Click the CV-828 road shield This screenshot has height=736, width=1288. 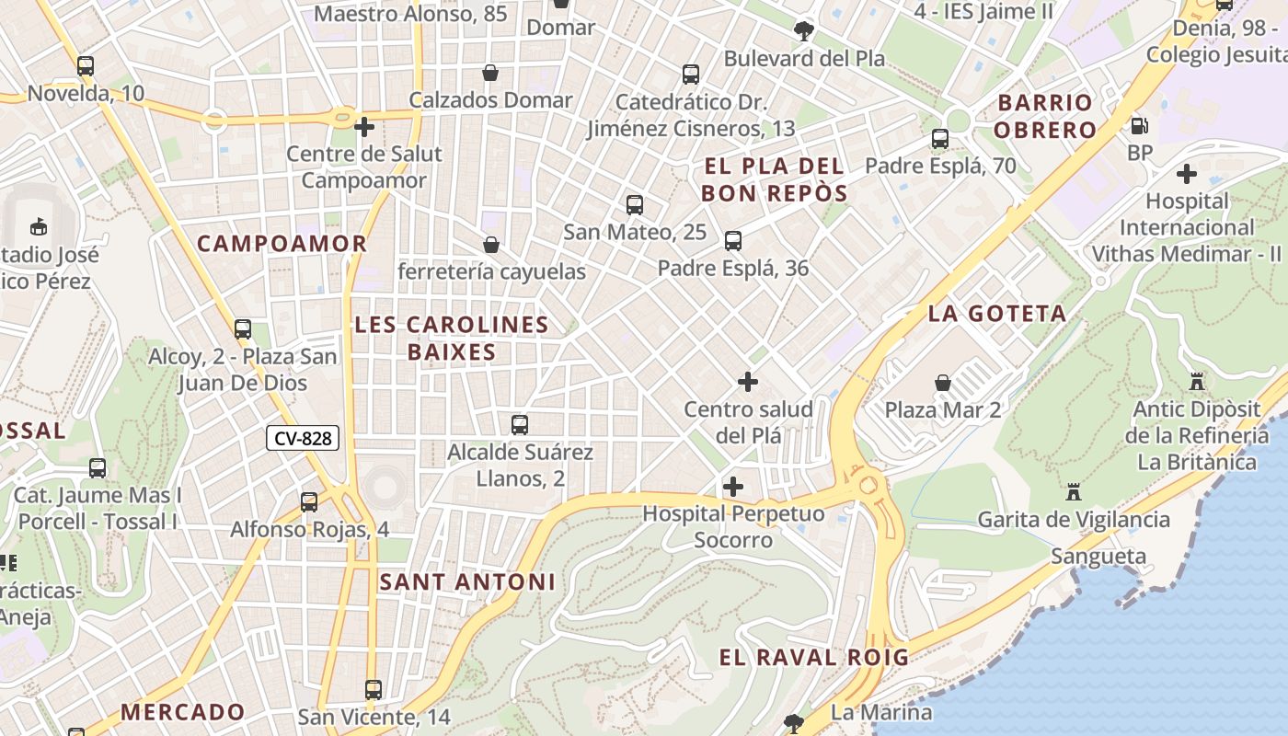[303, 438]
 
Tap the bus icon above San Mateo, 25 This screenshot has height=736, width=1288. [634, 204]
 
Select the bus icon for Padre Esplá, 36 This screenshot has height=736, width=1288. [732, 241]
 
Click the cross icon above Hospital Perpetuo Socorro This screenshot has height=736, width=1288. [732, 486]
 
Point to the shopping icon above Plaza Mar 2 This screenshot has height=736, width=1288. [942, 383]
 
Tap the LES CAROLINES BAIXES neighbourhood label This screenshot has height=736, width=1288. [451, 338]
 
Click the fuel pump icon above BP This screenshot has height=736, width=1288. [1139, 126]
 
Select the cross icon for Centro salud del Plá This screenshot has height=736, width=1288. [748, 381]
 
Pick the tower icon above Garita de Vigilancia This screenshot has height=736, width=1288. [1073, 492]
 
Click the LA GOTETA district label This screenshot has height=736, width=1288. [997, 314]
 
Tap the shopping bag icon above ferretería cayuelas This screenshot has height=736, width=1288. [491, 245]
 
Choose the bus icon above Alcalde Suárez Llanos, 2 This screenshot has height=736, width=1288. [520, 424]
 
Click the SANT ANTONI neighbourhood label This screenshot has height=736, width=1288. [467, 581]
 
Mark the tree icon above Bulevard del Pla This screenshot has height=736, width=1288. [803, 31]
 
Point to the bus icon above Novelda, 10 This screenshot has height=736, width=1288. [86, 66]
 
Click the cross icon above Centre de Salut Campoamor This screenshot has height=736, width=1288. [363, 126]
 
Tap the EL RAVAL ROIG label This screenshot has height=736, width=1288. [813, 657]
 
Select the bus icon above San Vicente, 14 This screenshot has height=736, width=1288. [373, 689]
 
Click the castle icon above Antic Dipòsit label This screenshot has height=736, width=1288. [1196, 381]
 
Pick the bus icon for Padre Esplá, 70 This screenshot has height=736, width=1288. [939, 139]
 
